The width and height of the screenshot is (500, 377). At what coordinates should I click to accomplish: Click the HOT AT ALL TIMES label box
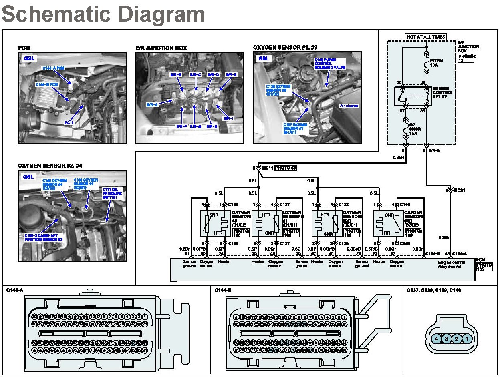[x=425, y=37]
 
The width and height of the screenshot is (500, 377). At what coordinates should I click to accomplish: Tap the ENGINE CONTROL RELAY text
[x=443, y=93]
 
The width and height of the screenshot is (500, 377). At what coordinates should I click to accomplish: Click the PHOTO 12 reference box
[x=466, y=58]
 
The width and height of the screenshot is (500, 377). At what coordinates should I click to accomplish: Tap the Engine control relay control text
[x=452, y=264]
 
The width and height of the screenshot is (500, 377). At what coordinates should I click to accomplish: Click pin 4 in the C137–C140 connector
[x=437, y=339]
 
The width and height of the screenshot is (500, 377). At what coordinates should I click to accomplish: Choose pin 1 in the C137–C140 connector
[x=467, y=339]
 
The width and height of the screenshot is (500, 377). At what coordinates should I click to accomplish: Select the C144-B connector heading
[x=223, y=290]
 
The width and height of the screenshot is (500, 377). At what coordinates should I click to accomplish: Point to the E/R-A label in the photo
[x=153, y=105]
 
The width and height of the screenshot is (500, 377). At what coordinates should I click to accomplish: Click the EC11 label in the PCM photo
[x=69, y=123]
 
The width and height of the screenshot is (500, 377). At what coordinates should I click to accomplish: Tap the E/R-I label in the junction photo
[x=228, y=118]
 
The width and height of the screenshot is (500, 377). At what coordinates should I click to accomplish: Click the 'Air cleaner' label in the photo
[x=349, y=106]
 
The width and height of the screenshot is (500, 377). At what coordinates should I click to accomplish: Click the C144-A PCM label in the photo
[x=53, y=68]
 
